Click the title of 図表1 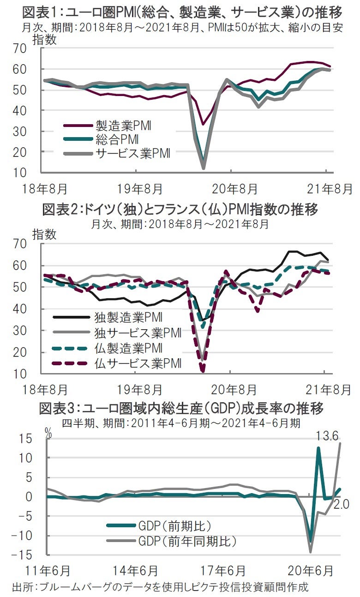(x=180, y=11)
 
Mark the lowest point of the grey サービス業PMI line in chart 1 (x=204, y=168)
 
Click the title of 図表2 (x=180, y=210)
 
